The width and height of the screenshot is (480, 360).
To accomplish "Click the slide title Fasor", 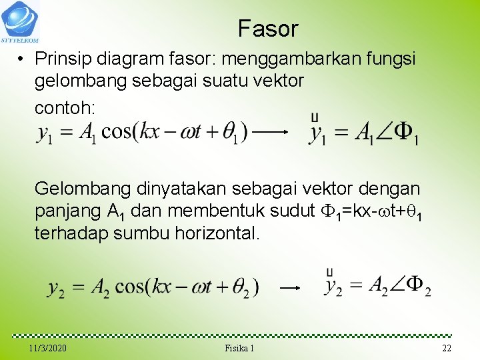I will [268, 29].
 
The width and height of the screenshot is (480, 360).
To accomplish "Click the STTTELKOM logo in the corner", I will [20, 21].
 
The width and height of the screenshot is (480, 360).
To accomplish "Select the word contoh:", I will [65, 107].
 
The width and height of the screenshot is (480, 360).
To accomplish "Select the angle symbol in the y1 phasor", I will [383, 133].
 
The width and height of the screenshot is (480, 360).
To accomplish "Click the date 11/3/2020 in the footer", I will [48, 349].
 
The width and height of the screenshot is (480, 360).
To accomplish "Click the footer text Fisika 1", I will [240, 349].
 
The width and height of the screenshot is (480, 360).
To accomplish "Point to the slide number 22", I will [446, 349].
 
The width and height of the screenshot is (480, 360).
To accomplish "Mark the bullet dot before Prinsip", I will [22, 60].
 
